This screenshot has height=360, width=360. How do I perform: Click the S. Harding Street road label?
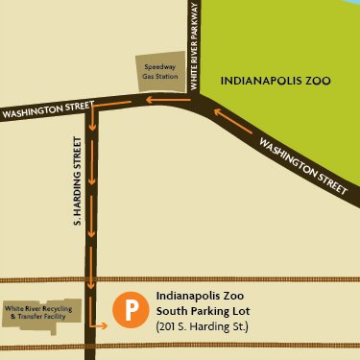[x=78, y=191]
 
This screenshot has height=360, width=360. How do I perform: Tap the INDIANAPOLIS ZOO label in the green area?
[x=276, y=82]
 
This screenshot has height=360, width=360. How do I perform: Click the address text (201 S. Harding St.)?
[x=202, y=327]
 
